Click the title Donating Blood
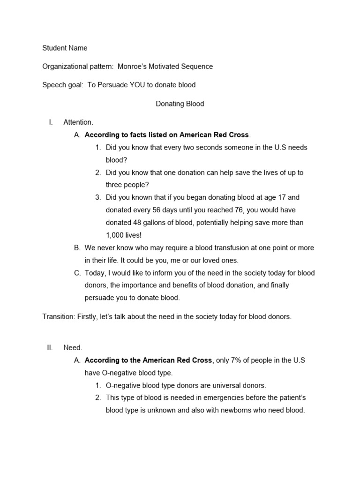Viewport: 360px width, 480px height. pyautogui.click(x=180, y=104)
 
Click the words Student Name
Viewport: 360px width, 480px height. pyautogui.click(x=65, y=48)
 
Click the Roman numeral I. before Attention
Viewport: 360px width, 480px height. pyautogui.click(x=51, y=122)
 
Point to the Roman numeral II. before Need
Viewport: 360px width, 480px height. pyautogui.click(x=50, y=348)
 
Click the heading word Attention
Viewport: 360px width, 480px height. pyautogui.click(x=78, y=122)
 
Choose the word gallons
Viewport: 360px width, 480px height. pyautogui.click(x=158, y=223)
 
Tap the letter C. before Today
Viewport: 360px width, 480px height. pyautogui.click(x=77, y=273)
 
